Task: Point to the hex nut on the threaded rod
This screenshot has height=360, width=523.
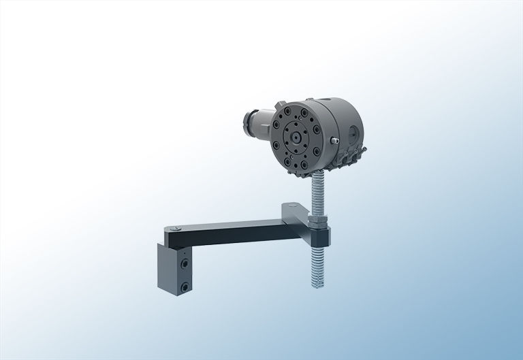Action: (x=318, y=219)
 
